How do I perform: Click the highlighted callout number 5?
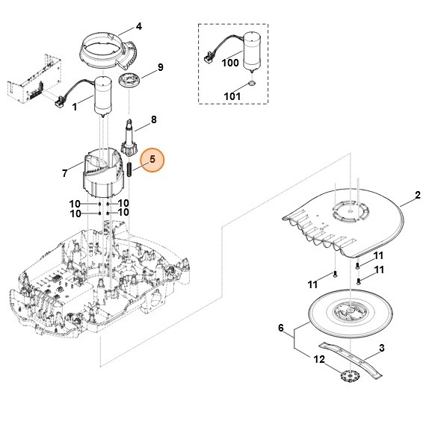coord(152,160)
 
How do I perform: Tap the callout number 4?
coord(139,27)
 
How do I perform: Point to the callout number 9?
coord(160,67)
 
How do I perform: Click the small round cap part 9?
coord(129,81)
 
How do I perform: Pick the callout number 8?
coord(153,119)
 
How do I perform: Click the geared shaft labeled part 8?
coord(129,137)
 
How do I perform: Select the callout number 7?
coord(64,173)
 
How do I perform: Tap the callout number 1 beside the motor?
coord(75,107)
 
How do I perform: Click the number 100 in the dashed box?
coord(230,63)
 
